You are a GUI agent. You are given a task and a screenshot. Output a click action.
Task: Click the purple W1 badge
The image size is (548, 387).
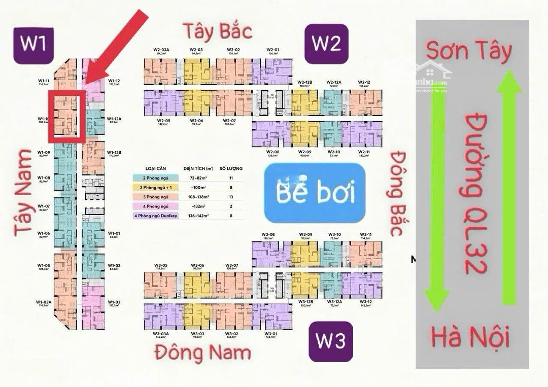(x=33, y=44)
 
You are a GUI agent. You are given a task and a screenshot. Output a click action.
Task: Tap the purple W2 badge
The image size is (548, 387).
(x=326, y=44)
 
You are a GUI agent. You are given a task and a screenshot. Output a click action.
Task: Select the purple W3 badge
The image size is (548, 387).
(x=330, y=340)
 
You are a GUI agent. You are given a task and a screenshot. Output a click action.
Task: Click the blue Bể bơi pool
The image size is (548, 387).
(x=315, y=193)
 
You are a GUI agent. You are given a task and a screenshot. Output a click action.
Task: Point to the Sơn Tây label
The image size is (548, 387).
(x=468, y=51)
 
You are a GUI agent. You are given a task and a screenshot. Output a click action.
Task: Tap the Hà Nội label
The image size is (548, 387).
(x=470, y=337)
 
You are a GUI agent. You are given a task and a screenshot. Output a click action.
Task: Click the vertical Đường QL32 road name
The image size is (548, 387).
(x=475, y=193)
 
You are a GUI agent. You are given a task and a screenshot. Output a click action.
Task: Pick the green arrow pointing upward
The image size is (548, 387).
(x=509, y=188)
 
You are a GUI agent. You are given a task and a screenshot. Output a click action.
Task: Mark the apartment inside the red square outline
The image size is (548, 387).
(x=66, y=116)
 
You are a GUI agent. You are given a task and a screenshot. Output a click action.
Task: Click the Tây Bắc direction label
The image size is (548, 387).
(x=218, y=31)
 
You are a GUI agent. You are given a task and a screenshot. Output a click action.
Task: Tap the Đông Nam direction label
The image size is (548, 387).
(x=203, y=353)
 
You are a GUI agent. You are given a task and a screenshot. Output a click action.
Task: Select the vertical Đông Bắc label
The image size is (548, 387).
(x=397, y=193)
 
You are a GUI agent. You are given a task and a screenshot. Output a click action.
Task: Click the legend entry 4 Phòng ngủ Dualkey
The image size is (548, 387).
(x=156, y=216)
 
